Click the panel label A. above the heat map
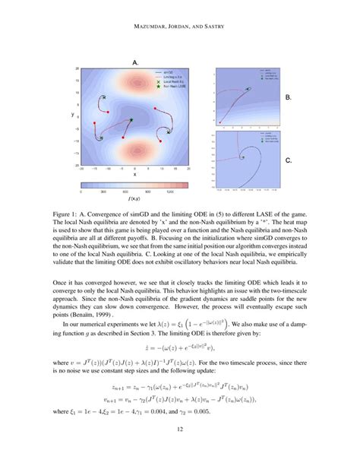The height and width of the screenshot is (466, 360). click(134, 62)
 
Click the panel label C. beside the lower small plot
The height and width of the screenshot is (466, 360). click(289, 162)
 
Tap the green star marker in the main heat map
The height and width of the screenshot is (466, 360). click(131, 119)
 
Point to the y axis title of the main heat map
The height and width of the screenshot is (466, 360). click(71, 116)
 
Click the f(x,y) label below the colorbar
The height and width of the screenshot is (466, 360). click(134, 207)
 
